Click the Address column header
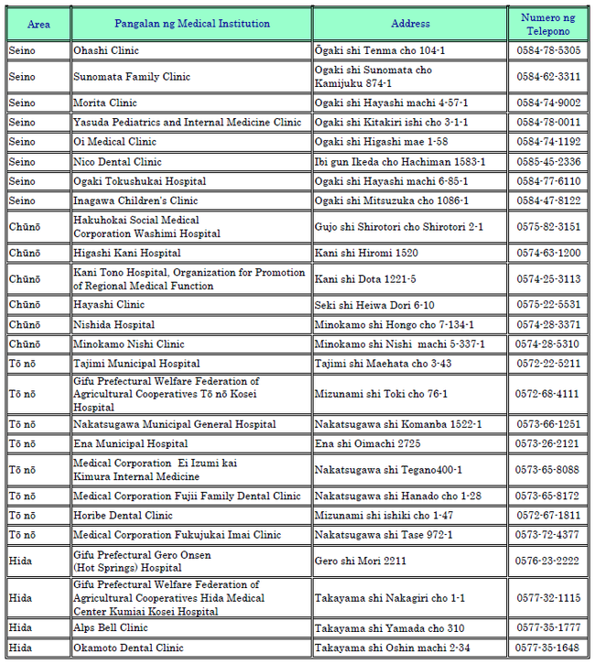click(409, 24)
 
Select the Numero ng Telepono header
click(547, 24)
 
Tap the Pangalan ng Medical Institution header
click(191, 24)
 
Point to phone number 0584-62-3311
click(547, 77)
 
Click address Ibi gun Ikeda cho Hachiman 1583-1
click(400, 161)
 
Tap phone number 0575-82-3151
click(547, 226)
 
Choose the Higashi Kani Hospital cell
click(127, 253)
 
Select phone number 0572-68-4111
click(547, 394)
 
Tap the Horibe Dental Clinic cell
click(123, 516)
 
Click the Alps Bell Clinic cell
click(110, 628)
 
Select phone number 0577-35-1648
click(547, 648)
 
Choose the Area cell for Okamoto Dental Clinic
click(21, 648)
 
